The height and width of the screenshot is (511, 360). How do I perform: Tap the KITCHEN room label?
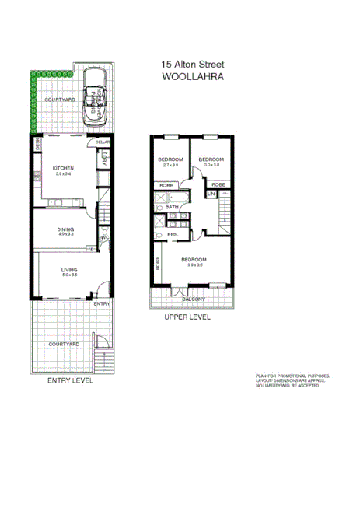point(63,168)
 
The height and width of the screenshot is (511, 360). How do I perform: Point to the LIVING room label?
point(70,269)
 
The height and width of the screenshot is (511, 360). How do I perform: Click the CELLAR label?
point(103,143)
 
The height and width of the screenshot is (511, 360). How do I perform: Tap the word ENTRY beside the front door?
point(102,304)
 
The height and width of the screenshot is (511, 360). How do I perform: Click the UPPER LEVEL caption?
point(187,317)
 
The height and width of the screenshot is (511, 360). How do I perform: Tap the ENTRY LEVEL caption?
point(71,380)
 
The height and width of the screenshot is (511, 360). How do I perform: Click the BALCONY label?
point(194,299)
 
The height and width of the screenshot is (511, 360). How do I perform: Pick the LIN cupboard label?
point(211,194)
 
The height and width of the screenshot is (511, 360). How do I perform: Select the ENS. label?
point(173,234)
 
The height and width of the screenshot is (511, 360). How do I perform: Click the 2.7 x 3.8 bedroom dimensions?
point(170,165)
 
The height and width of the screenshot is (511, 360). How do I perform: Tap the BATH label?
point(173,207)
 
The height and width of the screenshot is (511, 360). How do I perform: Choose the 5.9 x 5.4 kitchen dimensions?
point(63,174)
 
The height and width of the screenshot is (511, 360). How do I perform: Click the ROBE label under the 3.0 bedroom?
point(218,184)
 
